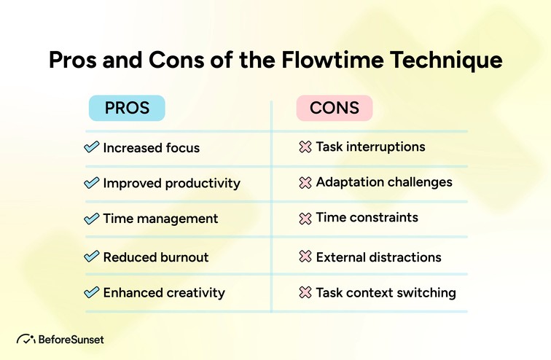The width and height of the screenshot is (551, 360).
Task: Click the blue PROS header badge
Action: click(x=127, y=108)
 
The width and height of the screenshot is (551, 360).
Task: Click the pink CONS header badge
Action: click(x=335, y=108)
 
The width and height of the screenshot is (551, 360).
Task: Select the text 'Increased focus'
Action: click(x=151, y=148)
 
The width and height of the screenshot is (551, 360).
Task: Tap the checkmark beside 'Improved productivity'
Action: click(x=92, y=183)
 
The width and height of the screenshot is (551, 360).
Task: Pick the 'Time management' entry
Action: click(x=160, y=219)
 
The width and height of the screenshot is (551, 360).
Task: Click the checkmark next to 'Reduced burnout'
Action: click(x=92, y=257)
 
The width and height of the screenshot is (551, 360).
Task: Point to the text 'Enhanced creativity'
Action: click(x=164, y=293)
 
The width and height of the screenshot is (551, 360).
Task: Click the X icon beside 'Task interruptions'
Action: click(x=305, y=147)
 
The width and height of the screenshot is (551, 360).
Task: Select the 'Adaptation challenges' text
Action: click(x=384, y=182)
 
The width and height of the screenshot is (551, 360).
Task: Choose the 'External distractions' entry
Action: click(x=378, y=257)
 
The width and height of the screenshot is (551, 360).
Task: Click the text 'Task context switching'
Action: click(x=386, y=293)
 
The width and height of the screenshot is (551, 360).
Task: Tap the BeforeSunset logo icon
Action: click(x=26, y=340)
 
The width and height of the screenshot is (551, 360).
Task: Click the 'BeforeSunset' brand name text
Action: click(x=70, y=340)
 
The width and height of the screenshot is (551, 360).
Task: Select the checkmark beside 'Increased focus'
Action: click(x=92, y=147)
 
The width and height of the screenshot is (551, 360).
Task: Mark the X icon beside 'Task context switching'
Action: click(x=305, y=293)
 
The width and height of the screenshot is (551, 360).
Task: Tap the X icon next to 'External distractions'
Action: click(x=305, y=257)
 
